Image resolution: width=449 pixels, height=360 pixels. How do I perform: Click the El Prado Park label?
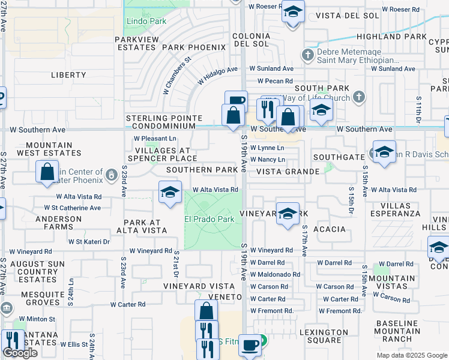pos(209,219)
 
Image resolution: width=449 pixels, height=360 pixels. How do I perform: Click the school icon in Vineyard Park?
pos(288,215)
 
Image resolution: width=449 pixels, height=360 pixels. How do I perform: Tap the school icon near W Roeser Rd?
pos(293,12)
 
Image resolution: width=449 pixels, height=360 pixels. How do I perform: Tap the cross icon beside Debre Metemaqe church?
pos(308,55)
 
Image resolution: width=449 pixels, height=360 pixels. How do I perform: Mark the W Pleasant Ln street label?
pos(155,138)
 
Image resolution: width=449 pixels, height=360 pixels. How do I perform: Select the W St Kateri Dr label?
pos(88,242)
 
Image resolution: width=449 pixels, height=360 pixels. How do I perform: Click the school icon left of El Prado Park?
pos(170,193)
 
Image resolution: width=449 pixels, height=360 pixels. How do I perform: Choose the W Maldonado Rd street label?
pos(275,274)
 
